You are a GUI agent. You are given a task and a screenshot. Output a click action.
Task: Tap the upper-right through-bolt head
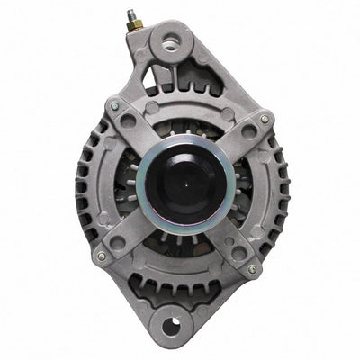(x=265, y=118)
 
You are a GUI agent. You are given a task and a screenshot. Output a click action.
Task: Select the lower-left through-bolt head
(x=101, y=256)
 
